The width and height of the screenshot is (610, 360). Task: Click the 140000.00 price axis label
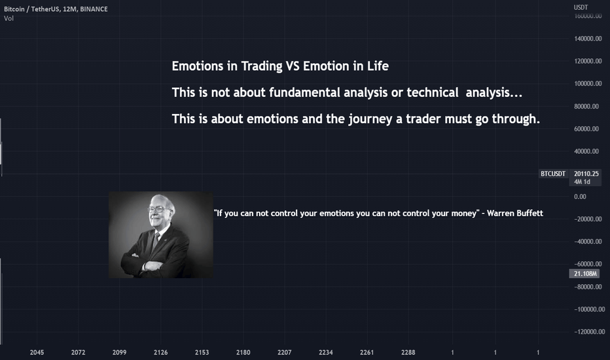[588, 39]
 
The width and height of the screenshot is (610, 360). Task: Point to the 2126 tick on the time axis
[160, 352]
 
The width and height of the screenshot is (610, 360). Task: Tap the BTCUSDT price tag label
[553, 173]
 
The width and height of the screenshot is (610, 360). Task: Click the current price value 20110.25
[586, 173]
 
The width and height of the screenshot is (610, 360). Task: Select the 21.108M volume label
[585, 274]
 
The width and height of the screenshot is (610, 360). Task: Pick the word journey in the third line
[370, 119]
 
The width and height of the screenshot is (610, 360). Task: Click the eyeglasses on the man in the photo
[156, 209]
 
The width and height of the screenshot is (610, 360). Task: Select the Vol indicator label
[9, 18]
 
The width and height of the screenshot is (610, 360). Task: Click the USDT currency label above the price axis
[581, 7]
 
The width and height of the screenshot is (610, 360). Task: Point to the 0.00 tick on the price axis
[580, 196]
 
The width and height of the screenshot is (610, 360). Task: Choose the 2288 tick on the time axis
[408, 352]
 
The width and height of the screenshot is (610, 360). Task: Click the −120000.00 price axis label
[589, 332]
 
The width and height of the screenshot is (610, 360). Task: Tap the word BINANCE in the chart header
[94, 9]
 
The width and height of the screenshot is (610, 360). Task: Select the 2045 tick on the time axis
[37, 352]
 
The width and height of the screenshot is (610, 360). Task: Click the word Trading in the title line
[262, 66]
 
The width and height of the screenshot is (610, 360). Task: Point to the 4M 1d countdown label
[582, 182]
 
